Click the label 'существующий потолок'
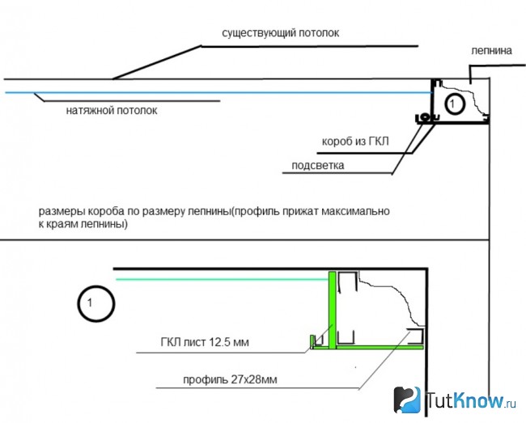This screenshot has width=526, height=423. (x=281, y=33)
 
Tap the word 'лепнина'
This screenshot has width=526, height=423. (x=491, y=51)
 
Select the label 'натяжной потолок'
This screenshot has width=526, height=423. (x=112, y=110)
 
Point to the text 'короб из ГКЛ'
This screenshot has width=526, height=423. (x=355, y=141)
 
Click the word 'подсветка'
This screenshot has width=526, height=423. (x=318, y=165)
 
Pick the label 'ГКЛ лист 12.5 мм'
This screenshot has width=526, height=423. (x=205, y=342)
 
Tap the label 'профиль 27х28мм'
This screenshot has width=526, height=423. (x=230, y=380)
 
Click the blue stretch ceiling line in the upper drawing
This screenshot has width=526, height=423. (x=218, y=92)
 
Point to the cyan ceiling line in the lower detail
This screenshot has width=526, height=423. (x=222, y=279)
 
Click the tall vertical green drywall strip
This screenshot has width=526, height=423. (x=332, y=311)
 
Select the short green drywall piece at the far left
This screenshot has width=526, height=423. (x=312, y=341)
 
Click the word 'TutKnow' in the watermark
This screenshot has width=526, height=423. (x=464, y=400)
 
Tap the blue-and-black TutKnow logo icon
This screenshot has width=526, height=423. (x=407, y=400)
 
